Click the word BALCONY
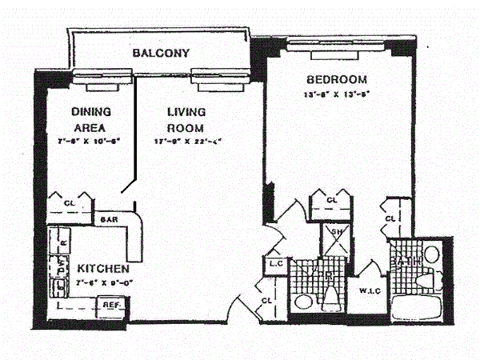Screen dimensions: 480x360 click(160, 54)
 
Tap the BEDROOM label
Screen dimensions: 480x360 click(336, 79)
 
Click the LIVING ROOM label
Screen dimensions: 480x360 click(186, 119)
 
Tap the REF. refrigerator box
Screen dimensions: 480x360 click(110, 304)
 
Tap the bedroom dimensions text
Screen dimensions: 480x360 click(336, 94)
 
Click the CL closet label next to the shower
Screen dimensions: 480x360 click(331, 200)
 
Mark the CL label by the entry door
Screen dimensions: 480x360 click(266, 301)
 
